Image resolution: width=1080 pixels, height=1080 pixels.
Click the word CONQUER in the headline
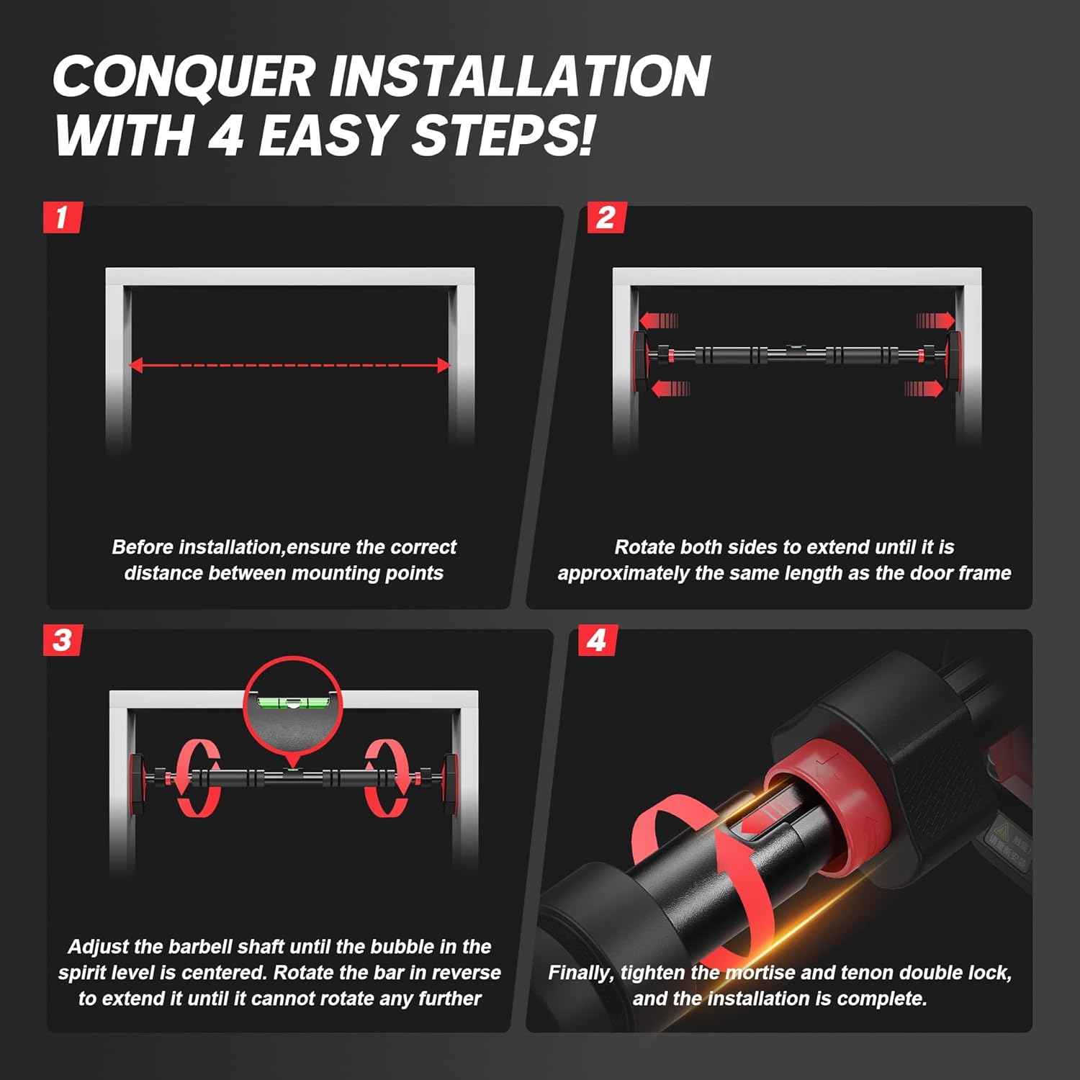pos(184,76)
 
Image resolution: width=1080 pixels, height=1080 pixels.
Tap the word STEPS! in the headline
pos(503,135)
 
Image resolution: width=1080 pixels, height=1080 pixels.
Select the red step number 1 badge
pos(63,217)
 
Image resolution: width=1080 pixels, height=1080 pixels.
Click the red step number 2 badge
pos(606,217)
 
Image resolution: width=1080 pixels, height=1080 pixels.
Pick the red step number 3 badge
pos(63,640)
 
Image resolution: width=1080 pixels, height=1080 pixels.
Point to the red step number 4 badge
pos(598,640)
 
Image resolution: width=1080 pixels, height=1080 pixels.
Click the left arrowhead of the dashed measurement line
pos(135,365)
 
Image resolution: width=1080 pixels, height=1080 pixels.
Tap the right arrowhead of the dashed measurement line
pos(444,365)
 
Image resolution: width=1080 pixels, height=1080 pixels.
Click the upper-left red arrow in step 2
pos(659,320)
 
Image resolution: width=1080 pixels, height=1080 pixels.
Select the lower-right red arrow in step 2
pos(924,389)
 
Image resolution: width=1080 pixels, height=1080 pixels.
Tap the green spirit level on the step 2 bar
pos(796,348)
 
